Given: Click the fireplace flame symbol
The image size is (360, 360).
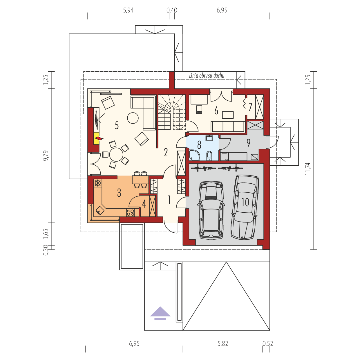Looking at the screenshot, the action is click(99, 138).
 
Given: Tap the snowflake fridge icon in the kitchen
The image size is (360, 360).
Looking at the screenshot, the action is click(98, 183).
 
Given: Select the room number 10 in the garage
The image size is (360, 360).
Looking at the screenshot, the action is click(245, 202).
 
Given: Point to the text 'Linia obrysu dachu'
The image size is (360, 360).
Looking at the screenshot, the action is click(207, 76).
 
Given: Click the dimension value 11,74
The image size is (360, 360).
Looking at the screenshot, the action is click(308, 169).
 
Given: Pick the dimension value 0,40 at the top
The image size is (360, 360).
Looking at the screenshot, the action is click(172, 10).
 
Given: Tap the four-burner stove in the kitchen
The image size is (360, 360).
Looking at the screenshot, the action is click(131, 212).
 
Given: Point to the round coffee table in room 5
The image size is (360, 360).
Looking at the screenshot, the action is click(133, 118).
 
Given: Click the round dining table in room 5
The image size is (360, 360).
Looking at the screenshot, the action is click(116, 155).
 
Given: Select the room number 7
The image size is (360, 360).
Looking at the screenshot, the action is click(250, 107).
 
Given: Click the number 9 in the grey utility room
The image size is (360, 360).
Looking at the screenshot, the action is click(248, 143).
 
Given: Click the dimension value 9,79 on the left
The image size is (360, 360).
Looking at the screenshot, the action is click(46, 155).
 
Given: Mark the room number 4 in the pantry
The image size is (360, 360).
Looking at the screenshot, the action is click(144, 204).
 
